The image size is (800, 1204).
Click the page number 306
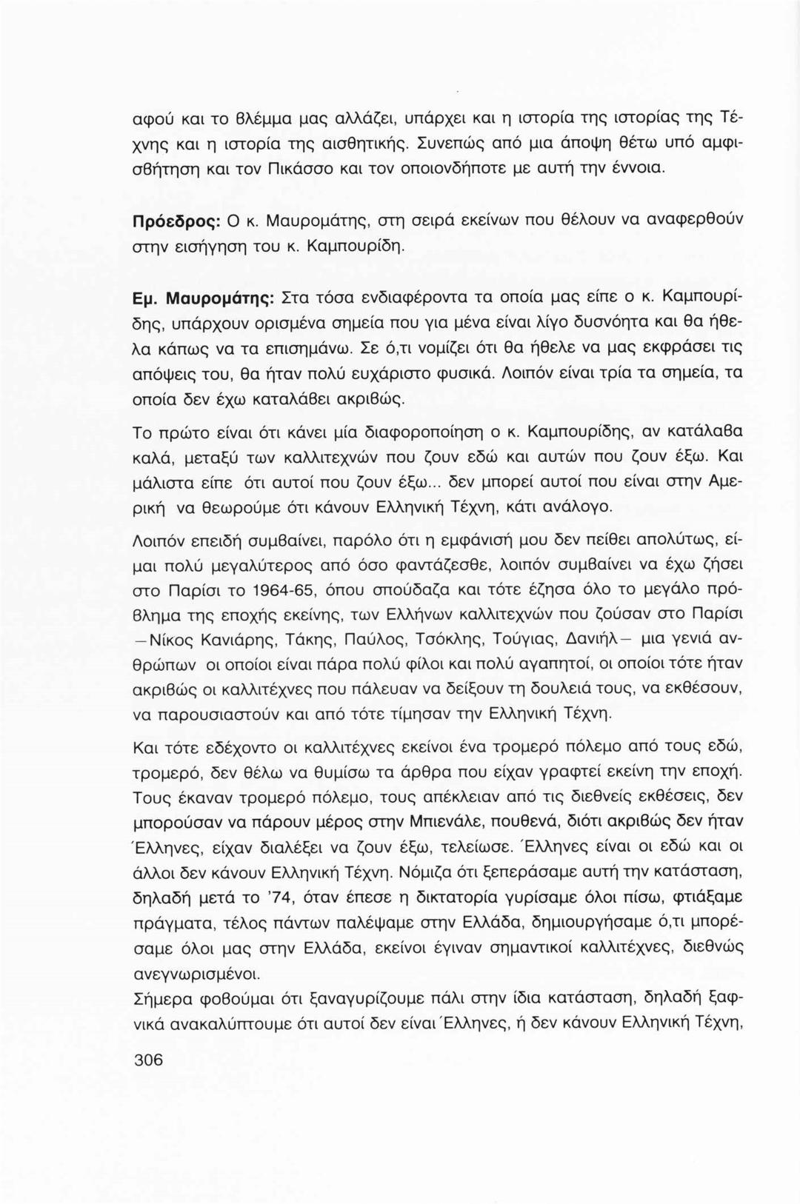(147, 1060)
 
